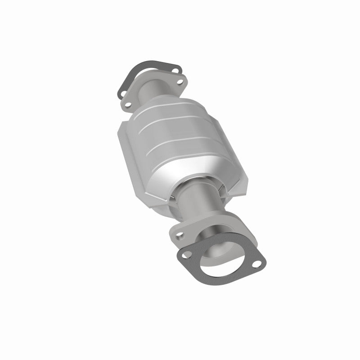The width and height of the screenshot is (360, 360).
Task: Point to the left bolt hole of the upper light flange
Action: coord(128,105)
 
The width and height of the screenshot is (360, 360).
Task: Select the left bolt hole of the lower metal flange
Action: coord(180,234)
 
